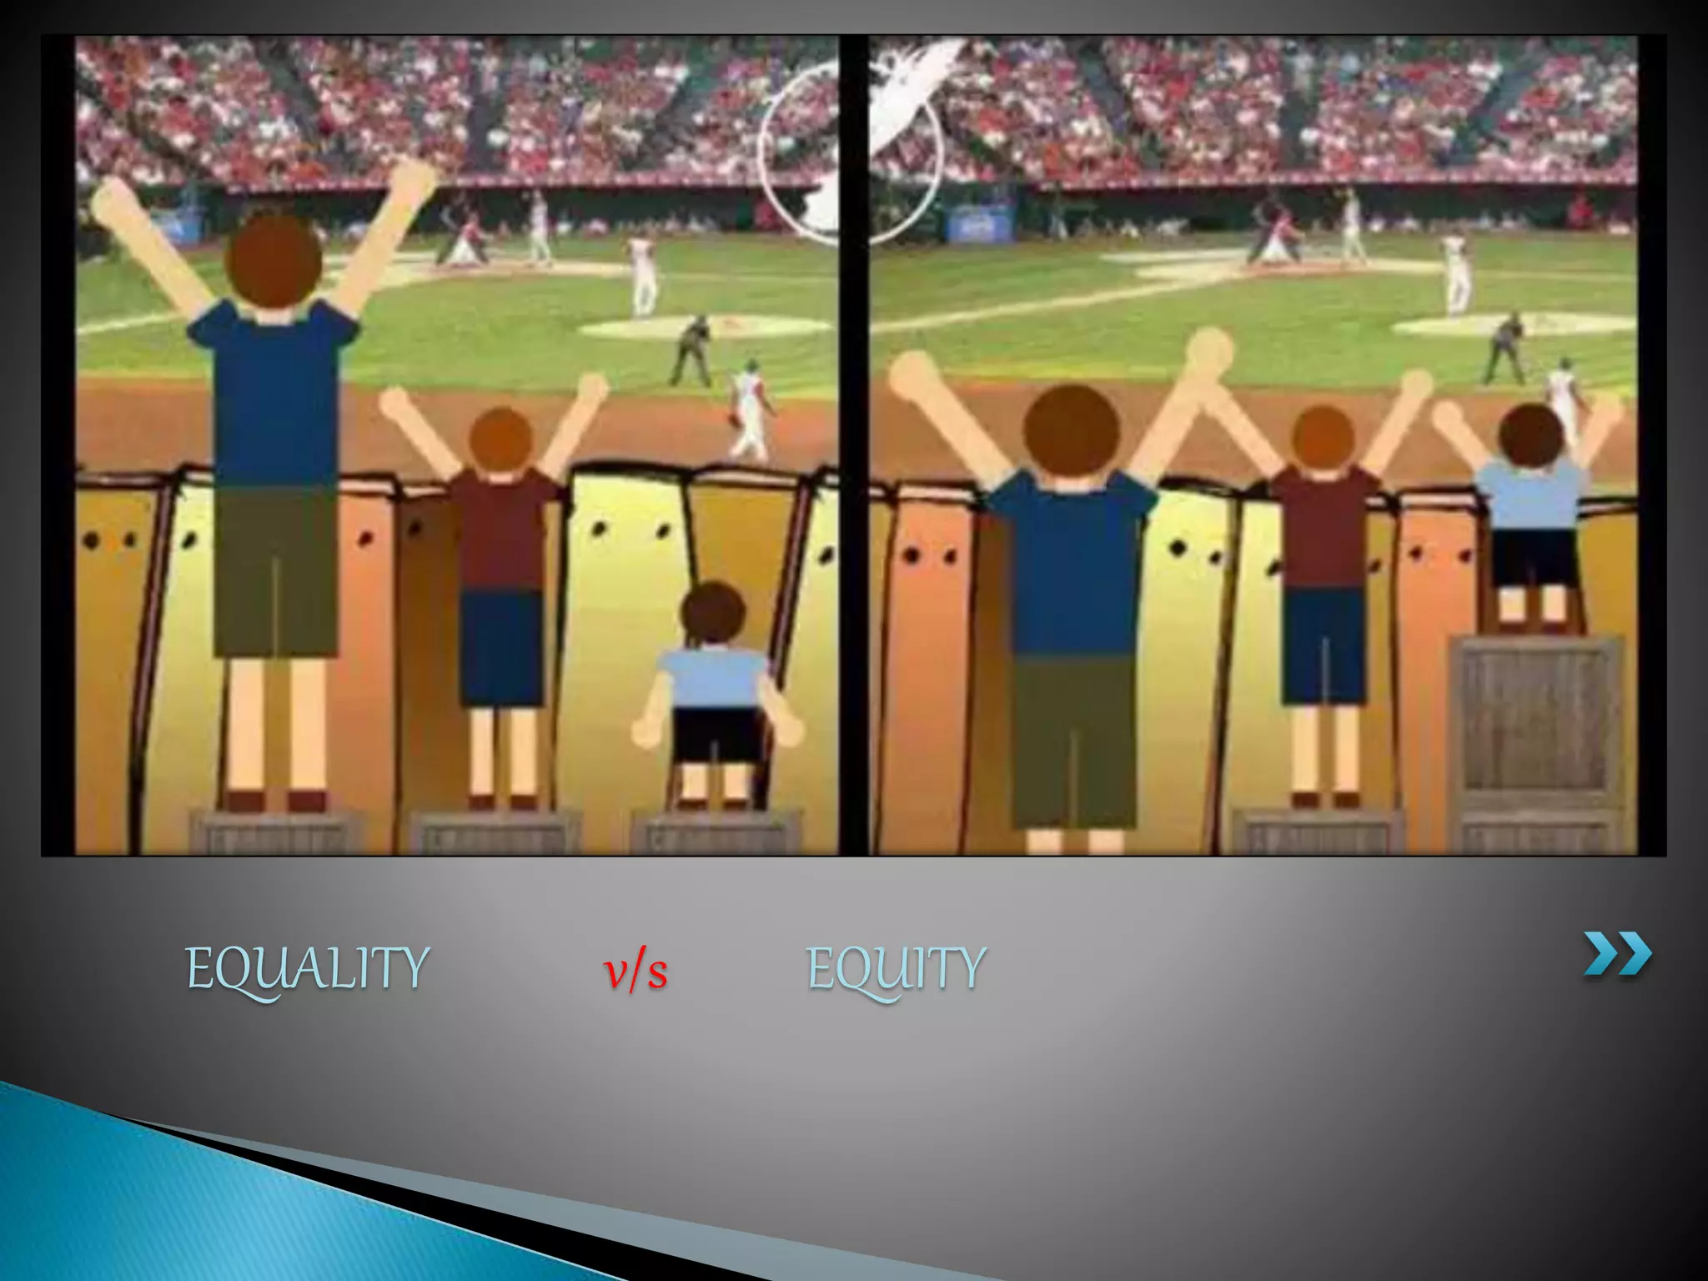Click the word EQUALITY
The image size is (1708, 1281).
[307, 969]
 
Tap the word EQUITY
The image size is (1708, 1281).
[897, 969]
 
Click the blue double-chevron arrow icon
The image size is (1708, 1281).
[1617, 954]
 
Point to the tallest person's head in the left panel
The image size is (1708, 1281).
[274, 259]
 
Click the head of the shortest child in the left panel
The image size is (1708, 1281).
[712, 612]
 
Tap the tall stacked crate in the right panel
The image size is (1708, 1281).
[1536, 734]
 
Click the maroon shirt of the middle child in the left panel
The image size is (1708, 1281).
[500, 534]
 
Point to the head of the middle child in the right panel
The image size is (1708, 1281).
[1323, 439]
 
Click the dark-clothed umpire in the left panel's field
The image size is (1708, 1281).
[691, 350]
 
